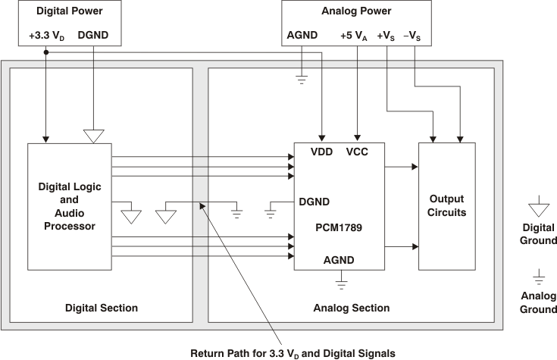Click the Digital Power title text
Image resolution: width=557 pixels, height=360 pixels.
click(x=61, y=12)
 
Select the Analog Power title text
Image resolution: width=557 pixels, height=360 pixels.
click(x=358, y=12)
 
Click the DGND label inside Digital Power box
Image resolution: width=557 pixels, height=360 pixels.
click(x=93, y=36)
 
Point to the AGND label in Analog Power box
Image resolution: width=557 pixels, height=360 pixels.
click(x=302, y=36)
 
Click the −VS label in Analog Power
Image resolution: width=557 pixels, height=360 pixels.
click(x=415, y=36)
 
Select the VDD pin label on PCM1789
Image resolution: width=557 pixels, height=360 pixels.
click(x=322, y=152)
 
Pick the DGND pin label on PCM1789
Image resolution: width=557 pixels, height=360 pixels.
click(x=314, y=202)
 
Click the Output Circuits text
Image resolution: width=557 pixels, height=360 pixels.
click(x=446, y=205)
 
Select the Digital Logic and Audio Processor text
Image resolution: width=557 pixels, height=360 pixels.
click(x=70, y=205)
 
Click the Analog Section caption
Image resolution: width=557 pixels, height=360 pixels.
click(x=352, y=308)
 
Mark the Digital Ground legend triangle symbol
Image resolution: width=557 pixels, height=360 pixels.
click(x=537, y=205)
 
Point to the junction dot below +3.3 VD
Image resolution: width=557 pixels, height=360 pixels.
click(x=46, y=52)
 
